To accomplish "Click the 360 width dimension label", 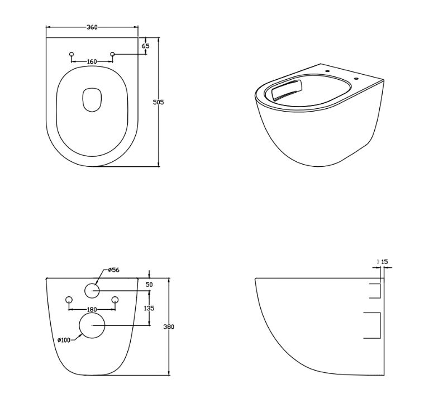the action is coord(92,27).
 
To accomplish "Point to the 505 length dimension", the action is coord(158,102).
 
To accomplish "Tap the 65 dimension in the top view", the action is coord(146,46).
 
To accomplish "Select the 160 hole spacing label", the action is coord(92,61).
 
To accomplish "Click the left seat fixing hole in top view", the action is coord(71,54).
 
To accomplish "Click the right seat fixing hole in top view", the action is coord(112,54).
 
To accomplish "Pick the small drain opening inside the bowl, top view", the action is coord(92,100).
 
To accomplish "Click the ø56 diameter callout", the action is coord(113,270).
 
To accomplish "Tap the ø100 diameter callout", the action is coord(64,340).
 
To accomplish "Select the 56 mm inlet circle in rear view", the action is coord(92,291).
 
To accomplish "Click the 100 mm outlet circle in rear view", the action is coord(92,325).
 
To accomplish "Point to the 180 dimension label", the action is coord(92,310).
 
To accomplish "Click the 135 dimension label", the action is coord(149,308).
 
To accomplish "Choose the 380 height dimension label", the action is coord(169,326).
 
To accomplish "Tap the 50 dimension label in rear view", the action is coord(149,285).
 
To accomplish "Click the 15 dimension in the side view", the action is coord(384,262).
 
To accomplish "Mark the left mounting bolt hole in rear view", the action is coord(69,300).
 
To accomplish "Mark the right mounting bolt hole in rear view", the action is coord(115,300).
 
